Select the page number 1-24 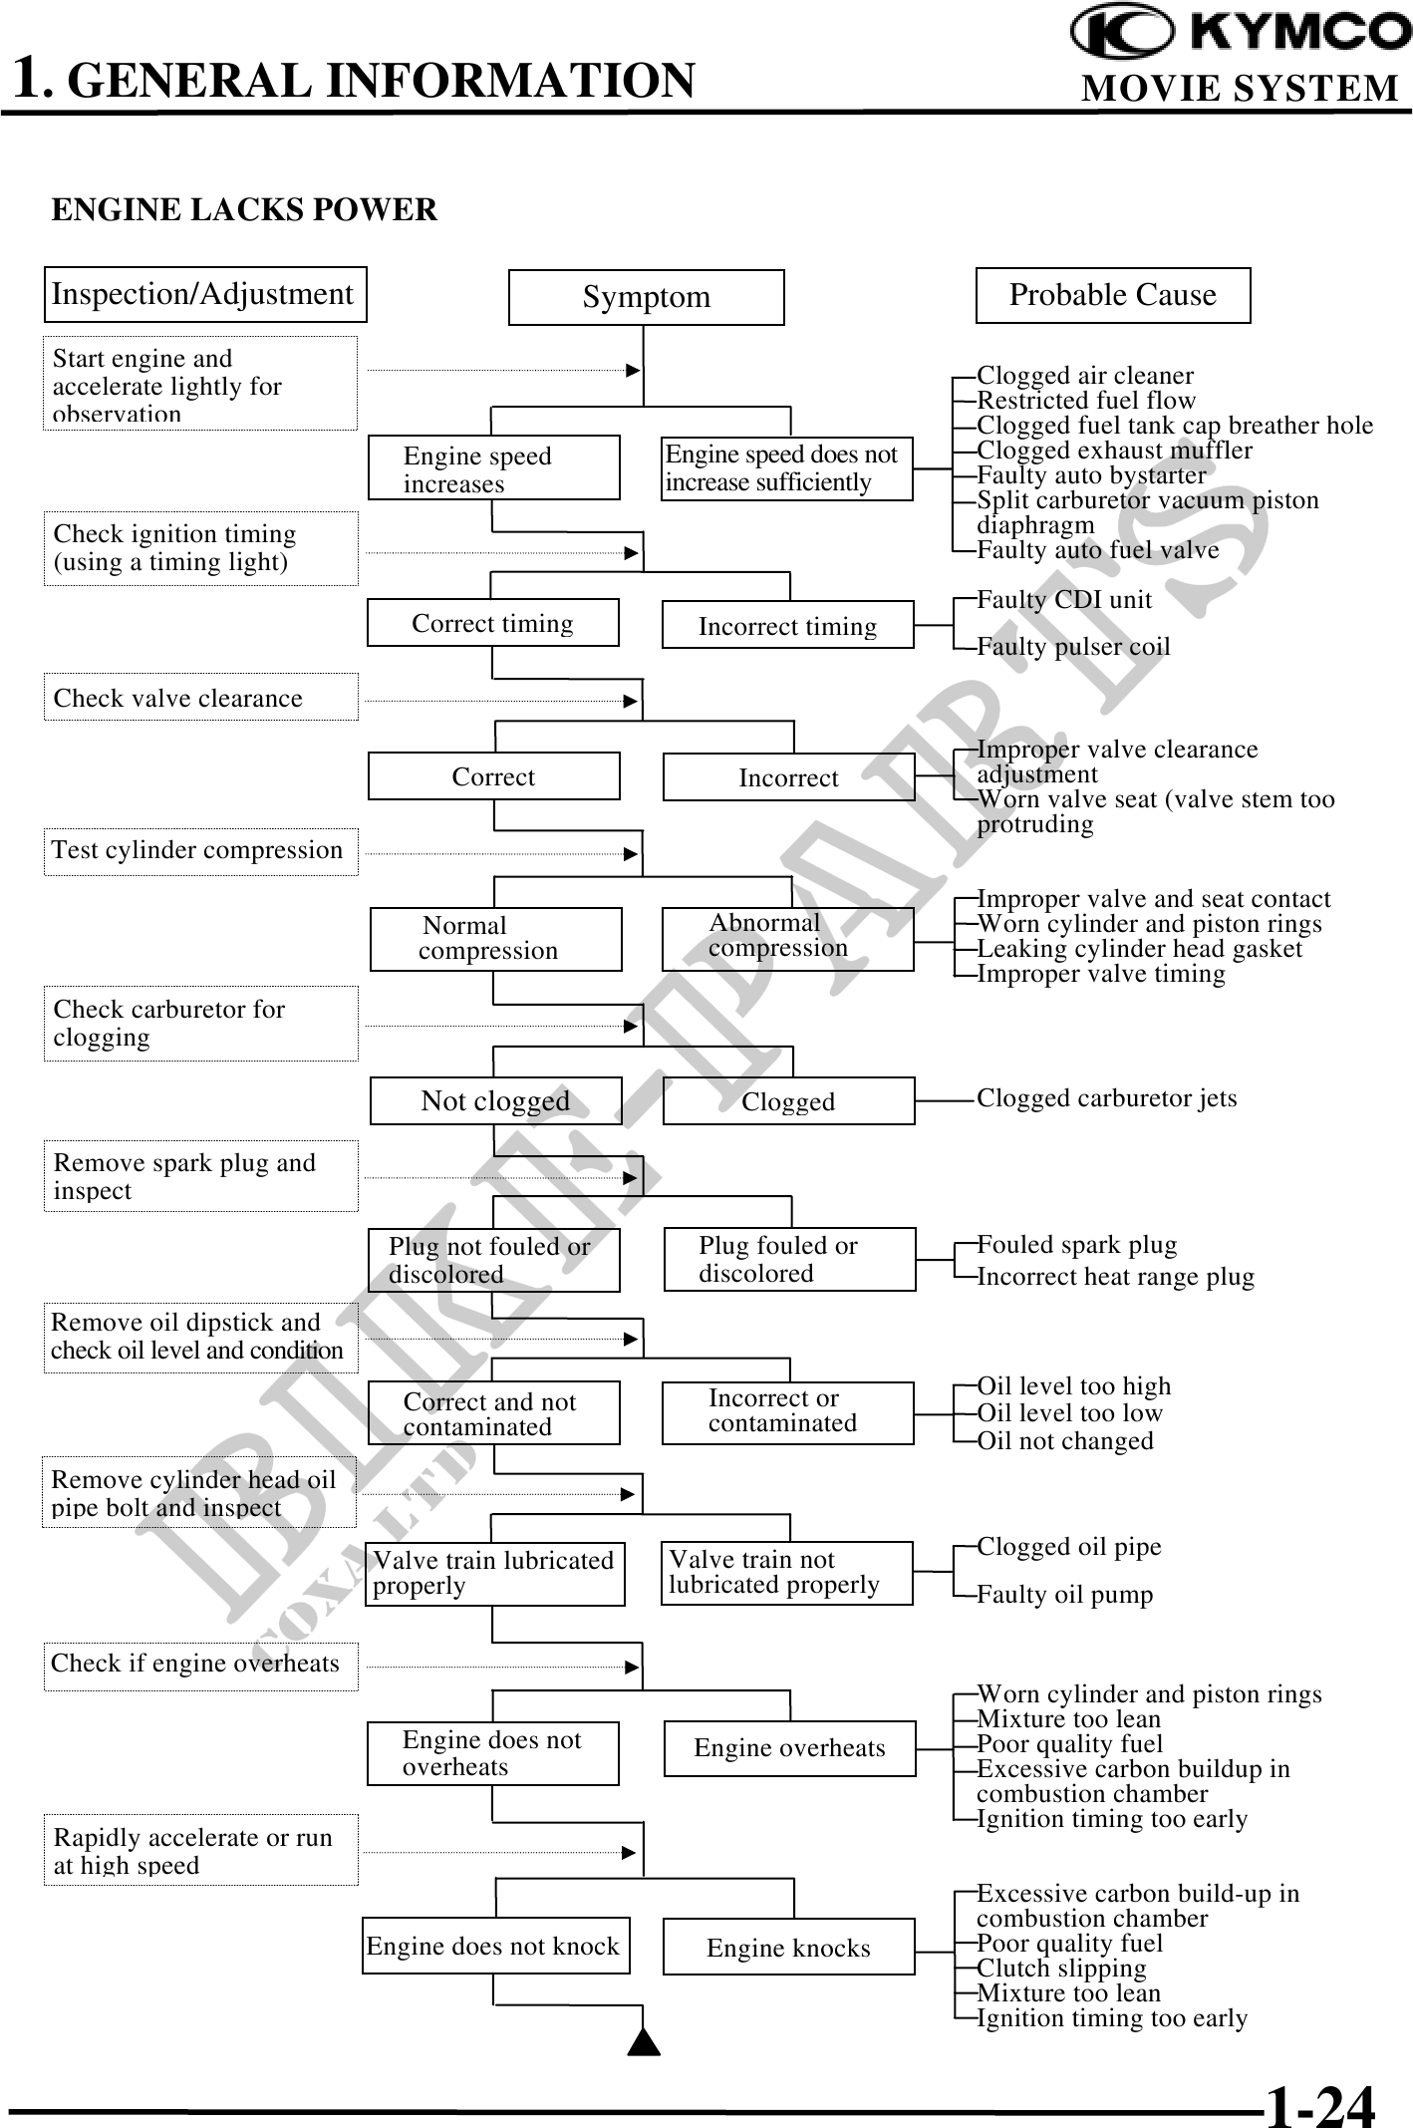tap(1319, 2105)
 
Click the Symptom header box tap(646, 297)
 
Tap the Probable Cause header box tap(1112, 295)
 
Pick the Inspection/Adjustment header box tap(204, 294)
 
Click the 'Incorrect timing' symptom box tap(787, 625)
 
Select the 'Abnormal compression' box tap(787, 938)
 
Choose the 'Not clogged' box tap(495, 1100)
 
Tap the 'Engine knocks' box tap(788, 1948)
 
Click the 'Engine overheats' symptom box tap(789, 1748)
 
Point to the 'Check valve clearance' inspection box tap(200, 698)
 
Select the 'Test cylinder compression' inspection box tap(200, 851)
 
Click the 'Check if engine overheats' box tap(200, 1664)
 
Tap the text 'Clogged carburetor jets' tap(1106, 1098)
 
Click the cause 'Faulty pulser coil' tap(1073, 647)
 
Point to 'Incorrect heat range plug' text tap(1115, 1277)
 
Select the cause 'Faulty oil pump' tap(1064, 1595)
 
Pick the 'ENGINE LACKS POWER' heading tap(244, 210)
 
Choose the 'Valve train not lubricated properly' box tap(786, 1573)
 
